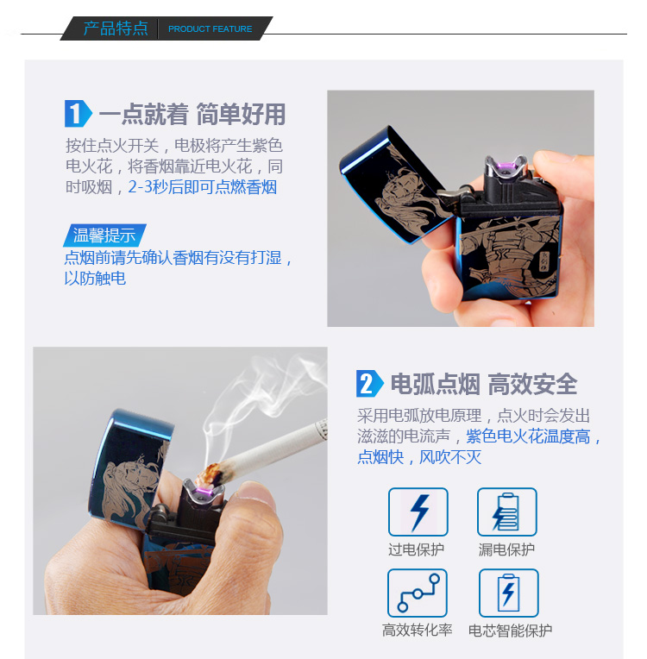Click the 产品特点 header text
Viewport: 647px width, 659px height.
tap(116, 28)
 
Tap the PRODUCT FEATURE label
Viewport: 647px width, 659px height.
tap(210, 29)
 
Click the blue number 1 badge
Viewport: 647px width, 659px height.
tap(78, 114)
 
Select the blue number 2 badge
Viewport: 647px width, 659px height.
tap(369, 383)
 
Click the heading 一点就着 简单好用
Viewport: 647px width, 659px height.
tap(192, 114)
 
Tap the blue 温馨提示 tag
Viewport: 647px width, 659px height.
tap(104, 235)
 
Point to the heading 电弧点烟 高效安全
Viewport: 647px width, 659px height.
tap(484, 384)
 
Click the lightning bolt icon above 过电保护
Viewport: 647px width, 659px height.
tap(418, 512)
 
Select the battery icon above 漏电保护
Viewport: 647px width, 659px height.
tap(507, 512)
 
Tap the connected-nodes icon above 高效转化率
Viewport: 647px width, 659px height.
tap(417, 593)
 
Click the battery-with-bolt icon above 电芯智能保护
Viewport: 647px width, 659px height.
tap(509, 593)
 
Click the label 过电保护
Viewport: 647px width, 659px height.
tap(416, 549)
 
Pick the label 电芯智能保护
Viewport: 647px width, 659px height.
tap(510, 631)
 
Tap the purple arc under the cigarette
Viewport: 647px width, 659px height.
tap(203, 493)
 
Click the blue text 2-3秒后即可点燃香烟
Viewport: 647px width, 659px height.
tap(202, 187)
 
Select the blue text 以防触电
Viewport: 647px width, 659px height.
tap(95, 279)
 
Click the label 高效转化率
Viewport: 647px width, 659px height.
tap(417, 630)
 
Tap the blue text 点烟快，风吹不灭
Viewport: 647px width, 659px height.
tap(419, 457)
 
